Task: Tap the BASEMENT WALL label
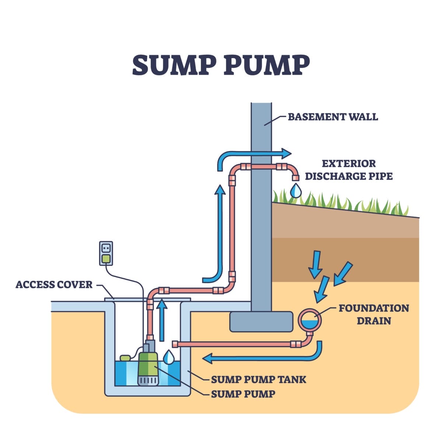[x=333, y=117]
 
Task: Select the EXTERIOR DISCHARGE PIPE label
[x=348, y=170]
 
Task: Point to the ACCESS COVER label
[x=54, y=284]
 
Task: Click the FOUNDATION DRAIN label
[x=373, y=314]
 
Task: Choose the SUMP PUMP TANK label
[x=258, y=379]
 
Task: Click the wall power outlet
[x=106, y=253]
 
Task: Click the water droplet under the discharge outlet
[x=295, y=190]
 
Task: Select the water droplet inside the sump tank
[x=169, y=357]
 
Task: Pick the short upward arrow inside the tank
[x=161, y=319]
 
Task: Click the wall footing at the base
[x=262, y=321]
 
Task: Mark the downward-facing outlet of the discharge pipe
[x=295, y=178]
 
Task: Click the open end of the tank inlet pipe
[x=175, y=344]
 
